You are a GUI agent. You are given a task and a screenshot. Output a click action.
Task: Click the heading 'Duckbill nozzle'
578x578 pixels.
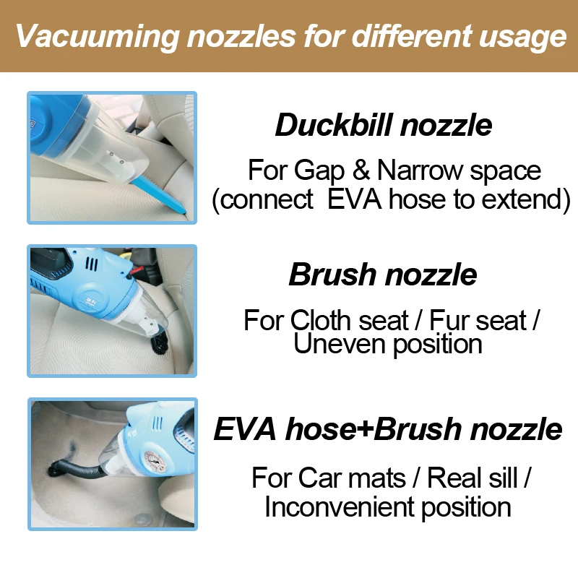384,125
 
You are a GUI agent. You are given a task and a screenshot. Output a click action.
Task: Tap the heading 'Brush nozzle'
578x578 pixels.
383,275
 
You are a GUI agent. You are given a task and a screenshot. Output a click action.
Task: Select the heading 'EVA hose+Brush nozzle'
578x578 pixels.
388,429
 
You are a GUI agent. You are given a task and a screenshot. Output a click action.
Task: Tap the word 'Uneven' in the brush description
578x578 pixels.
340,345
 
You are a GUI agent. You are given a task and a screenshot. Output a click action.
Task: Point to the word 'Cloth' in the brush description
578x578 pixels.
325,320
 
